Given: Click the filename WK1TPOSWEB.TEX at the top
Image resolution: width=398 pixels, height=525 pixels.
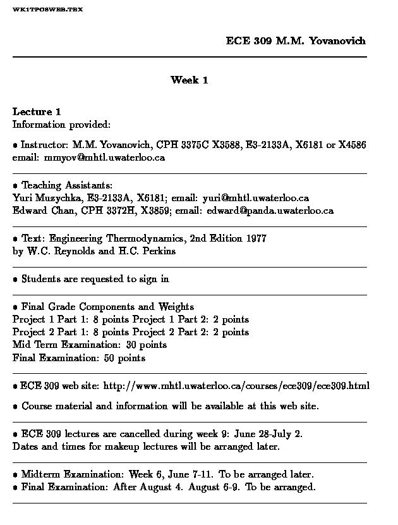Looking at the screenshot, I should point(47,10).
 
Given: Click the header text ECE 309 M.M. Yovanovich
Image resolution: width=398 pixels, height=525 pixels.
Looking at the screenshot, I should point(296,41).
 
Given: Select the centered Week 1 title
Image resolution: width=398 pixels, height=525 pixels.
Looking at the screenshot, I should point(189,80).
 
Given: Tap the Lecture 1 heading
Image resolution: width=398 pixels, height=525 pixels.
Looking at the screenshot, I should point(37,112).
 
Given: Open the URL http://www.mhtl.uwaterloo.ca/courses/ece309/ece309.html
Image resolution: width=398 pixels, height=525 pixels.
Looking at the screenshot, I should point(236,386).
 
